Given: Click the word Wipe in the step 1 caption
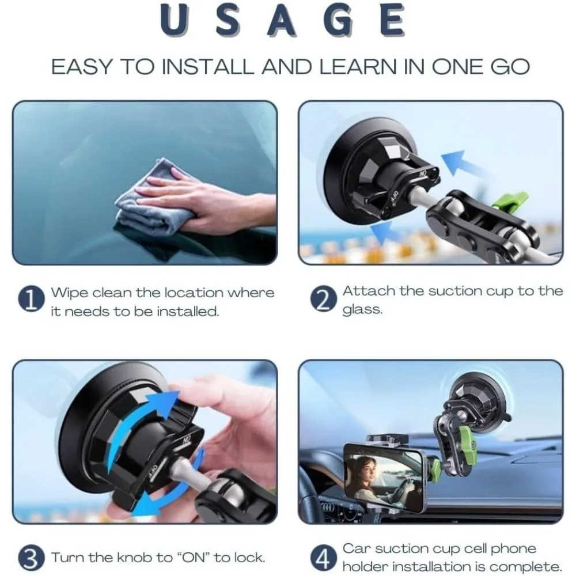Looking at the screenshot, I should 69,292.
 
